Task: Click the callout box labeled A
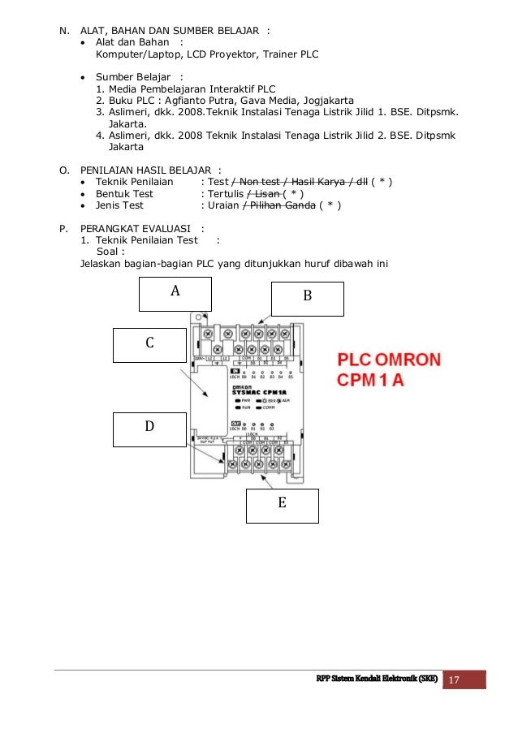coord(175,294)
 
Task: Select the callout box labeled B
coord(307,298)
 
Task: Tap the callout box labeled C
coord(149,344)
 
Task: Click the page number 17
coord(464,679)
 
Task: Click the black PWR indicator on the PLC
coord(242,401)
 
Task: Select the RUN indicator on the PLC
coord(242,408)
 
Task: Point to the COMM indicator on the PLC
coord(266,408)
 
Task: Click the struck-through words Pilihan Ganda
coord(281,205)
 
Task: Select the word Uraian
coord(225,205)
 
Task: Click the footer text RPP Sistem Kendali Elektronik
coord(377,679)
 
